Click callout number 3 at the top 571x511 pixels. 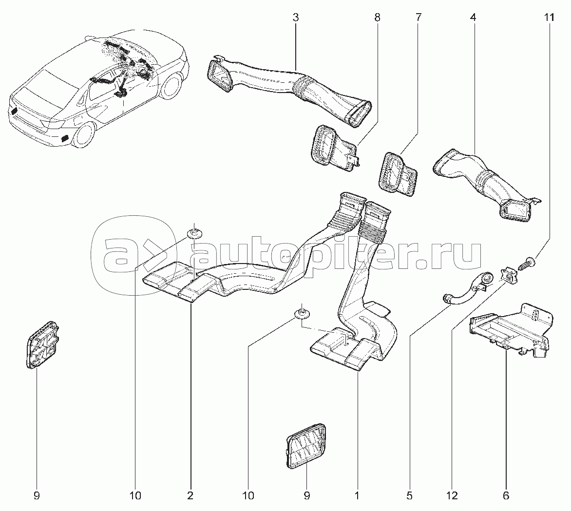(x=295, y=18)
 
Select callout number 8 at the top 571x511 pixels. (x=377, y=18)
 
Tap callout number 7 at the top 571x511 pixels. (x=418, y=18)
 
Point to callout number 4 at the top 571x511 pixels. (x=473, y=18)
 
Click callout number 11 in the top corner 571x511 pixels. (x=549, y=18)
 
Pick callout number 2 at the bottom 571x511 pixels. (x=190, y=496)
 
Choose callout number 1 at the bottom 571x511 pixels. (x=357, y=496)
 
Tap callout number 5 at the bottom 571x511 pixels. (x=409, y=496)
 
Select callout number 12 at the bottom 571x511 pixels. (x=452, y=496)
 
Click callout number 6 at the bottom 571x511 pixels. (x=506, y=496)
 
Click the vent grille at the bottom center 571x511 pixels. (x=305, y=446)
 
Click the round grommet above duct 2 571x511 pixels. (x=196, y=231)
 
